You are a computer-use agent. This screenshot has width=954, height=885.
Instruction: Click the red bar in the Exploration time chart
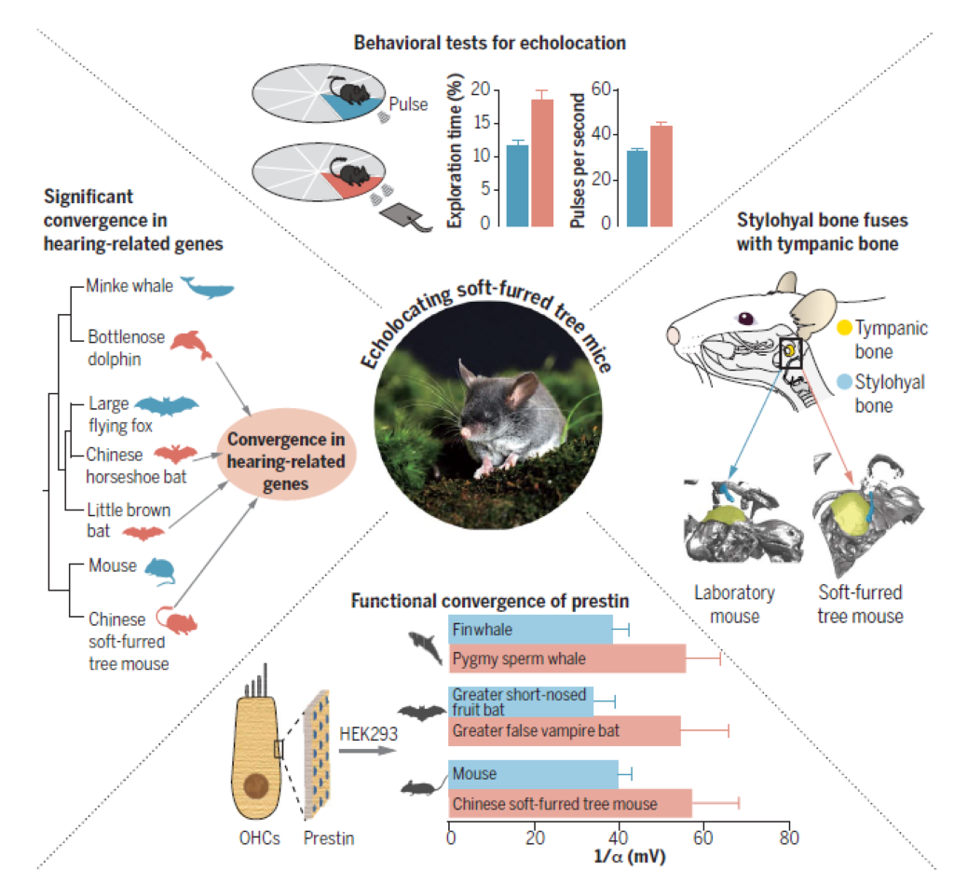tap(541, 162)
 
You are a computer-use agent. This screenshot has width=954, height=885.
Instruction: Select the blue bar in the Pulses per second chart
tap(637, 188)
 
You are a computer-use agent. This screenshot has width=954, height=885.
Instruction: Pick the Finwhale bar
tap(530, 630)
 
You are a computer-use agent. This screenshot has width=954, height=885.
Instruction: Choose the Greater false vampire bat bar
tap(564, 731)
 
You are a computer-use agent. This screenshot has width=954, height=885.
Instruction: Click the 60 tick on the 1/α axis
tap(703, 837)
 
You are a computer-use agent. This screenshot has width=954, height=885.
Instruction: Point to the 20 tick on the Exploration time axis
tap(481, 90)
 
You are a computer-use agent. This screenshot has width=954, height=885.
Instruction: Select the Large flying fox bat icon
tap(167, 405)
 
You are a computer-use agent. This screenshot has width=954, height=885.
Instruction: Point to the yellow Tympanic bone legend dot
tap(844, 328)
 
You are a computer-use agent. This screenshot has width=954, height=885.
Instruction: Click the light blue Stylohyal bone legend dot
tap(844, 381)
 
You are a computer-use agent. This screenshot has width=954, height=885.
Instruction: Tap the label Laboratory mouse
tap(734, 604)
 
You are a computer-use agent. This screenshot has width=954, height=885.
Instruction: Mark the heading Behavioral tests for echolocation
tap(489, 43)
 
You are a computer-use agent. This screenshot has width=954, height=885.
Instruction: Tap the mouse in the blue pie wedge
tap(352, 92)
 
